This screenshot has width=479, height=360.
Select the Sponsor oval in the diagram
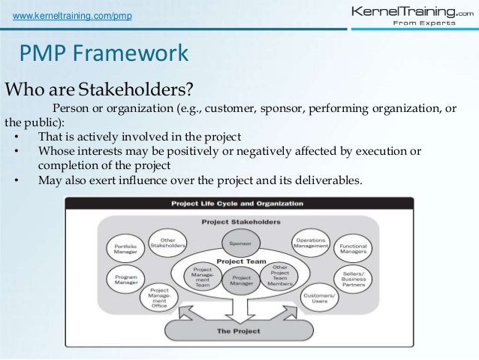pos(239,243)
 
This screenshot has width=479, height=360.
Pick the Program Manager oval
pos(125,280)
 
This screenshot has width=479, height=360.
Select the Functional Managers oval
pos(354,249)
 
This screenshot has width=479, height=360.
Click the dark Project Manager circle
pos(239,277)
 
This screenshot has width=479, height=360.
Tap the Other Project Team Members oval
pos(279,276)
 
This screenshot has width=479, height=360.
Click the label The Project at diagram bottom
pos(239,331)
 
